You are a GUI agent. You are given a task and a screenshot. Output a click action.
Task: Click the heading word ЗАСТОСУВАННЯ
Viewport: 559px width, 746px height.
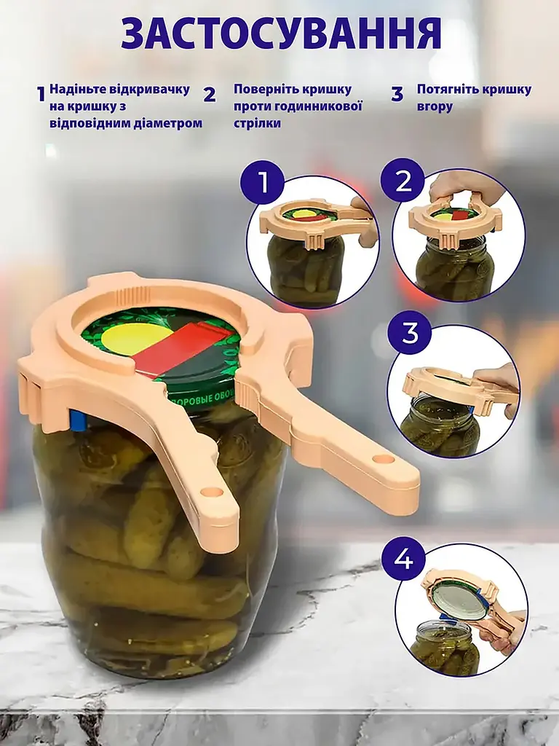pos(281,34)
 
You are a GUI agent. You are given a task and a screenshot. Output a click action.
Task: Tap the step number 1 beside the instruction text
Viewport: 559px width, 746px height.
pos(41,94)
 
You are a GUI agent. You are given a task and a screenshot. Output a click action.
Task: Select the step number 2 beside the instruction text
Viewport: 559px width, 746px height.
pos(210,94)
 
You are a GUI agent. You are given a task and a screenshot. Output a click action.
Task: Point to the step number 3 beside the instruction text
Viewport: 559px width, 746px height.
pos(397,94)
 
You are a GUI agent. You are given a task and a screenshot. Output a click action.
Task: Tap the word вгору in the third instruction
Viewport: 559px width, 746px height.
pos(435,106)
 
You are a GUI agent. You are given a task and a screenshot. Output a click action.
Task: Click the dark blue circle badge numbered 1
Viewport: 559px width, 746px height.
pos(262,182)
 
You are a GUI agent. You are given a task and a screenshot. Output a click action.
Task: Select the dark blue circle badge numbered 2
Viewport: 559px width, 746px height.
pos(403,181)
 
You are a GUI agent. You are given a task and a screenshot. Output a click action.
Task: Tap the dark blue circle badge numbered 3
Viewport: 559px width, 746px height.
pos(409,334)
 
